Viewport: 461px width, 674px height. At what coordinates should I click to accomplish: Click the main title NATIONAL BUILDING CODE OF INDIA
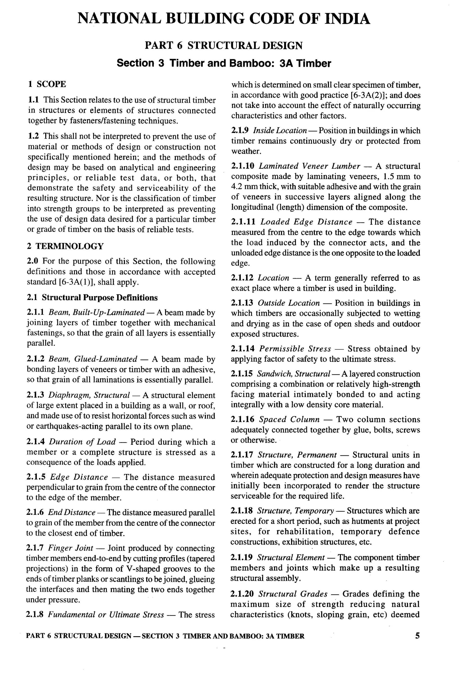tap(224, 19)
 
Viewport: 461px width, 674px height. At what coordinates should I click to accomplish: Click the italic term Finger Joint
tap(70, 548)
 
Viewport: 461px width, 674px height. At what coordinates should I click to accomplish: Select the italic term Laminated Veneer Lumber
tap(309, 166)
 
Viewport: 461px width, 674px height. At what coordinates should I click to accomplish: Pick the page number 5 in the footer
tap(417, 636)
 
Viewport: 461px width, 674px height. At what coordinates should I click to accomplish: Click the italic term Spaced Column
tap(289, 419)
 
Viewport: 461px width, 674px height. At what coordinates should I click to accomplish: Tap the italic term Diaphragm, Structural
tap(89, 395)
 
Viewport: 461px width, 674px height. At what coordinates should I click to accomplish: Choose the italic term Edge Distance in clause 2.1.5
tap(79, 477)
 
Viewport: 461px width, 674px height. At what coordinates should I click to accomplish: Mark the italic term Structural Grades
tap(293, 594)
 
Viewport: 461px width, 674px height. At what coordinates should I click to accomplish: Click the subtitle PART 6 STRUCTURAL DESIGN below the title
tap(224, 45)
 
